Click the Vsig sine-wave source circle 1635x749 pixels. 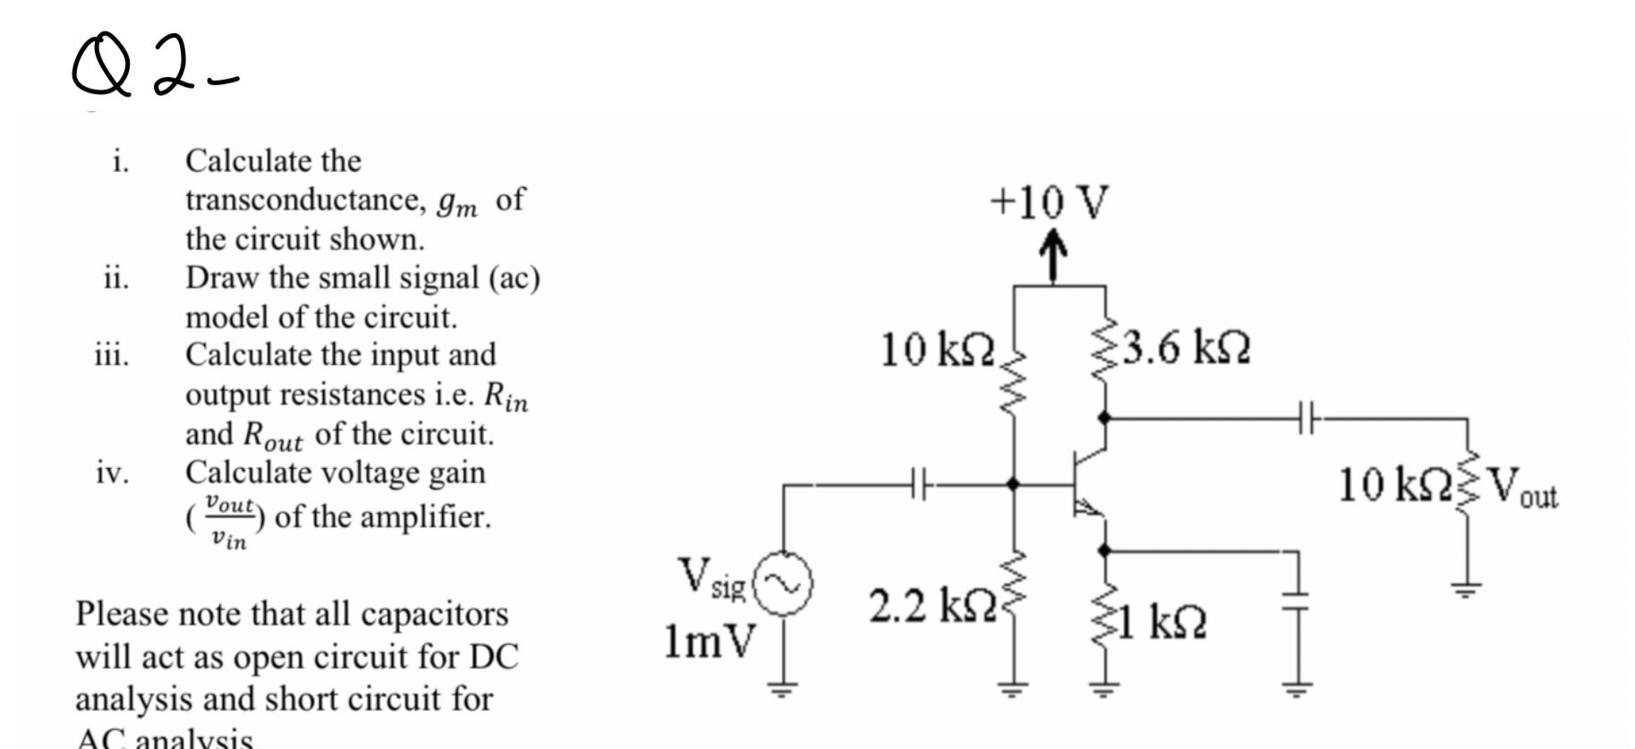pos(785,583)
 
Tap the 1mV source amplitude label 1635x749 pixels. pos(709,641)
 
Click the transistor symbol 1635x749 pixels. pos(1088,484)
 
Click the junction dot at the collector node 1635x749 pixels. pos(1104,417)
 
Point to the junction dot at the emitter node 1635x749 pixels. pos(1104,549)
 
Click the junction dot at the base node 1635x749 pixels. pos(1013,484)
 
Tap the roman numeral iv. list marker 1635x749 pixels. pos(112,472)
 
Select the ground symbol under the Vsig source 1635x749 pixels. pos(784,688)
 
